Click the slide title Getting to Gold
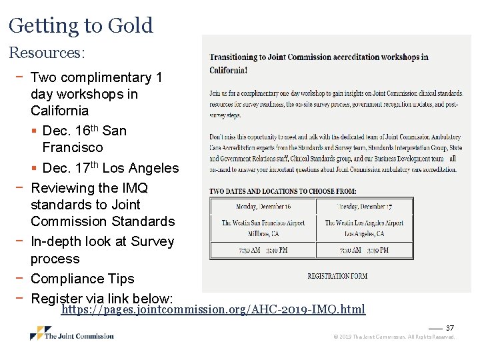[81, 25]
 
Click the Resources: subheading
[47, 51]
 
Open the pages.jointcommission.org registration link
[213, 309]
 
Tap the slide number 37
[450, 328]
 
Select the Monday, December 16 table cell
[263, 206]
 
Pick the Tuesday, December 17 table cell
[364, 206]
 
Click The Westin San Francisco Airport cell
[263, 223]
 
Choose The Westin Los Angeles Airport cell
[364, 223]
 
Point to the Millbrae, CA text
[263, 234]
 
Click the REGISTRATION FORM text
[337, 275]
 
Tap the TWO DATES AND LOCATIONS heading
[283, 191]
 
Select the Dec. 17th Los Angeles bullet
[110, 168]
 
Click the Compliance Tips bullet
[83, 279]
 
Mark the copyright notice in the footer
[394, 337]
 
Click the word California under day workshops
[59, 111]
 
